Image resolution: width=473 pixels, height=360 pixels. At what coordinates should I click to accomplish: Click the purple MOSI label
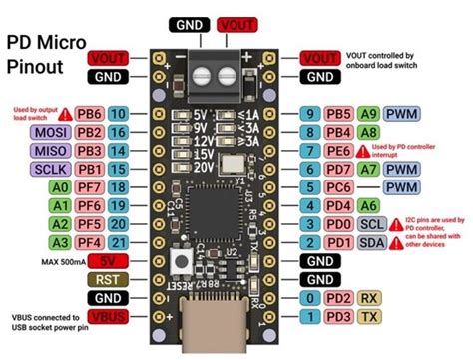coord(51,132)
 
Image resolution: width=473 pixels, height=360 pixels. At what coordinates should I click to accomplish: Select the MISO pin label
coord(51,150)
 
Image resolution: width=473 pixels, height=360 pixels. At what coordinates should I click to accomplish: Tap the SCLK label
coord(51,168)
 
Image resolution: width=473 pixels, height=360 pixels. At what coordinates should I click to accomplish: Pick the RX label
coord(368,298)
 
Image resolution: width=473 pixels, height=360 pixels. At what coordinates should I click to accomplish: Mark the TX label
coord(368,317)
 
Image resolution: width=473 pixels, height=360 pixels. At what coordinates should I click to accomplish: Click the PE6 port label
coord(335,151)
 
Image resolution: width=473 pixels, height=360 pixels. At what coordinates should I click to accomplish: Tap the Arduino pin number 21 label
coord(118,242)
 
